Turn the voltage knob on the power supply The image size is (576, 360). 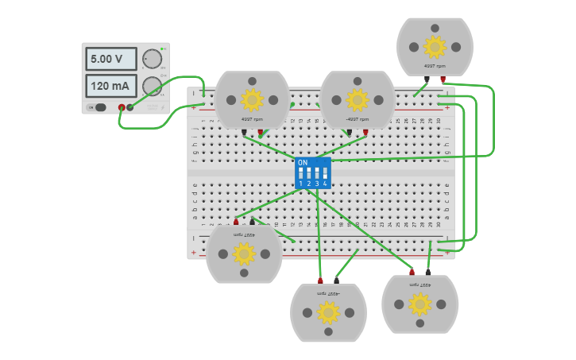click(x=151, y=60)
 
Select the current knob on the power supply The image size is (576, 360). click(x=151, y=86)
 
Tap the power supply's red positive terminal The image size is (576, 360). click(x=122, y=107)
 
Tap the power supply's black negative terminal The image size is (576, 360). click(x=130, y=107)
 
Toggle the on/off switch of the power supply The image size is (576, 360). click(x=99, y=107)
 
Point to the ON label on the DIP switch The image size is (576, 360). click(x=302, y=162)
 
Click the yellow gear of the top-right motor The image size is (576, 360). click(x=435, y=46)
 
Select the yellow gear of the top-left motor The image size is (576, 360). click(x=252, y=99)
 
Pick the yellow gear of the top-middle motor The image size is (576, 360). click(x=357, y=99)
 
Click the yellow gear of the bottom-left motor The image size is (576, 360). click(x=244, y=254)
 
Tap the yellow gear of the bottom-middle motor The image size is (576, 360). click(x=328, y=312)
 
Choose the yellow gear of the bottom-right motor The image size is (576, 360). click(x=419, y=304)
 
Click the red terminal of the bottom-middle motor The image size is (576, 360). click(x=320, y=281)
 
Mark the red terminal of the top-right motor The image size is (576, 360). click(x=443, y=79)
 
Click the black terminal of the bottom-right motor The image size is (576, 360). click(x=428, y=272)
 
